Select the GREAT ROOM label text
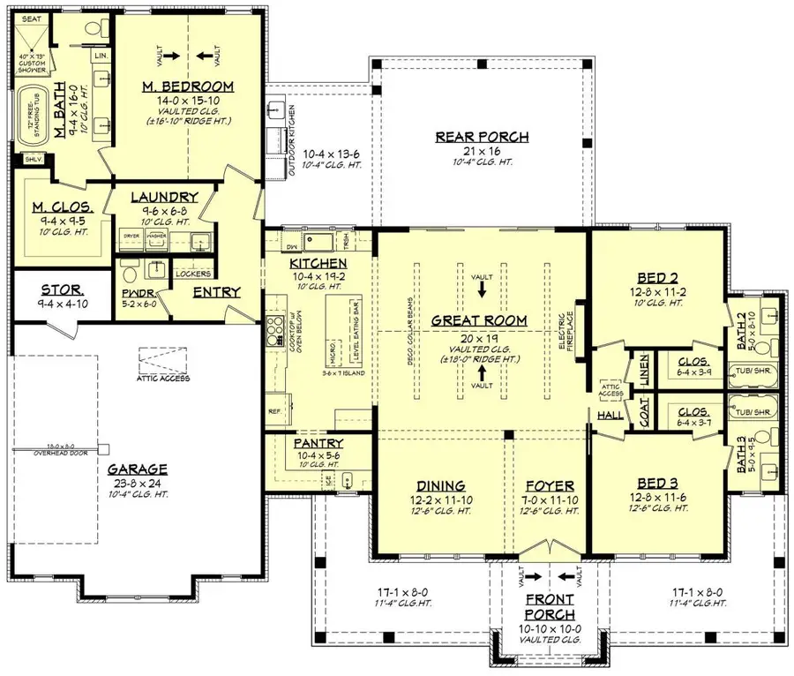click(479, 320)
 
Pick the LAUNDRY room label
click(164, 198)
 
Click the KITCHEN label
click(318, 264)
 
